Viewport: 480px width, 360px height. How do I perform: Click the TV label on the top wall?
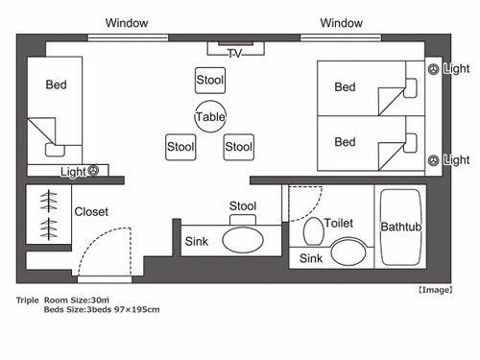(x=235, y=53)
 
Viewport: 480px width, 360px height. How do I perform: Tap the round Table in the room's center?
(x=210, y=116)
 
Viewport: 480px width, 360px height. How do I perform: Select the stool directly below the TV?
(x=210, y=80)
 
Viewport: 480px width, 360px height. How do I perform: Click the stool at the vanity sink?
(x=243, y=220)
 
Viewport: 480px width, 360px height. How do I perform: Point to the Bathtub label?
(x=401, y=227)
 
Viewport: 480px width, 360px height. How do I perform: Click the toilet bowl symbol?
(x=313, y=231)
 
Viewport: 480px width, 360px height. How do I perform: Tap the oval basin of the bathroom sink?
(x=348, y=252)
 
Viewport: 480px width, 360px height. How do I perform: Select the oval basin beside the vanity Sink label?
(x=243, y=239)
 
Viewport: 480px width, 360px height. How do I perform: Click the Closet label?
(x=91, y=211)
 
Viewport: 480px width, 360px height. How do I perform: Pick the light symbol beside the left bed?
(x=93, y=170)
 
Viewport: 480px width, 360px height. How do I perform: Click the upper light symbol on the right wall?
(x=434, y=69)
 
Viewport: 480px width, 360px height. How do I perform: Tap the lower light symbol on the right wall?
(x=434, y=160)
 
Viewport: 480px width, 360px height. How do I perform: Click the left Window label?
(x=127, y=23)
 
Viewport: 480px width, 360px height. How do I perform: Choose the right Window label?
(x=341, y=23)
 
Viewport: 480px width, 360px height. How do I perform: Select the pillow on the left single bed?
(x=55, y=150)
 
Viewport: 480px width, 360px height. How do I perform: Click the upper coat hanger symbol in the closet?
(x=49, y=201)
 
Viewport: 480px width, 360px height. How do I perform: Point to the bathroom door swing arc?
(x=312, y=210)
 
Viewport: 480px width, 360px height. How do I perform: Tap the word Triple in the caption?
(x=27, y=300)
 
